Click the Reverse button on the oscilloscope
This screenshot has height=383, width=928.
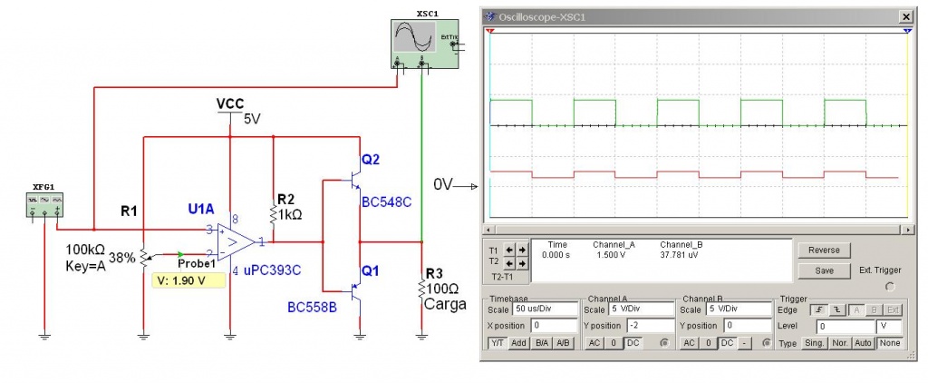pos(825,250)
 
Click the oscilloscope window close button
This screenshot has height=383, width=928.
pos(904,16)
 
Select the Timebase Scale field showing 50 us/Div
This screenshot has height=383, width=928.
pos(543,309)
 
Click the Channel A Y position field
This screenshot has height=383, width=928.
pos(643,325)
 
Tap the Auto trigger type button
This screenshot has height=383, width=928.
pos(863,342)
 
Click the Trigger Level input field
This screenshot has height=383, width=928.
pos(845,325)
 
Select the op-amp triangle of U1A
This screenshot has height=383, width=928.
pos(234,241)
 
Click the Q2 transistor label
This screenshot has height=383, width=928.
pos(371,160)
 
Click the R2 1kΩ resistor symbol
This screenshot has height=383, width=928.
pos(274,213)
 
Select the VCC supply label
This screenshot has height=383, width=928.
pos(230,103)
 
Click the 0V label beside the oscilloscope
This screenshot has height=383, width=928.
pos(443,184)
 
